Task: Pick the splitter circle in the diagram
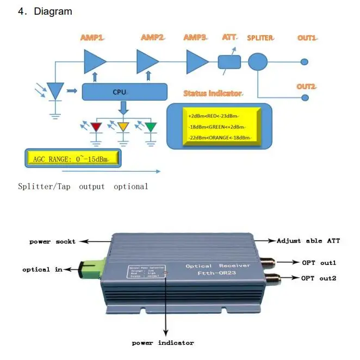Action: click(258, 61)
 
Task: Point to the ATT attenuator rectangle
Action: click(229, 61)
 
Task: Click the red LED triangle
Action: click(97, 127)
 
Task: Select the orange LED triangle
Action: click(123, 127)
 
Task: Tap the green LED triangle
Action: click(150, 127)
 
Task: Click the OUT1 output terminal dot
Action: click(305, 62)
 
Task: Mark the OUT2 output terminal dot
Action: click(305, 97)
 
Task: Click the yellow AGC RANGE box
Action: click(73, 158)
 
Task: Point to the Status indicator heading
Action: click(213, 94)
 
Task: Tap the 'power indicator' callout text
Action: click(163, 343)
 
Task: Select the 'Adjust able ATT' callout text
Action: click(307, 240)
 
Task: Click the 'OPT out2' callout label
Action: click(319, 278)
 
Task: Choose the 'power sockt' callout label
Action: click(52, 241)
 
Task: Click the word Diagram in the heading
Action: click(53, 11)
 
